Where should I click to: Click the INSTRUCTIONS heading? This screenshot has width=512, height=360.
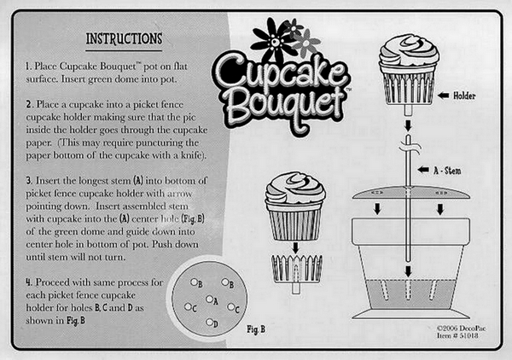pos(124,38)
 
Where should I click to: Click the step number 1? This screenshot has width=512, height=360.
pos(28,67)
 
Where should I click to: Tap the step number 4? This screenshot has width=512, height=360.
pos(29,282)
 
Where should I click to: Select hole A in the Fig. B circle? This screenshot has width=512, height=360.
pos(209,299)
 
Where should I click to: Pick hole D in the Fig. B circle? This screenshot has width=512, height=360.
pos(209,322)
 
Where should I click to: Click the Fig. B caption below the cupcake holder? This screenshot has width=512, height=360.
pos(256,329)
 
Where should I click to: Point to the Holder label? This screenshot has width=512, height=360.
pos(464,96)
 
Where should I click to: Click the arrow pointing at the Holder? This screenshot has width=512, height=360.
pos(444,96)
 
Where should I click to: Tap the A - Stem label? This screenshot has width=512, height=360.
pos(447,171)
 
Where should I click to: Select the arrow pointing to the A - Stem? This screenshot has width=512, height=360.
pos(423,170)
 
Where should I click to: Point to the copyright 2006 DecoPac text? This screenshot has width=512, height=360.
pos(458,328)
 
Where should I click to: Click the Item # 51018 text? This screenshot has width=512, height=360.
pos(457,335)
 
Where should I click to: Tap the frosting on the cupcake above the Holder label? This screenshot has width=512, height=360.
pos(409,50)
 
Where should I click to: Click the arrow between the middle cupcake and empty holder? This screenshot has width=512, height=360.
pos(295,247)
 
